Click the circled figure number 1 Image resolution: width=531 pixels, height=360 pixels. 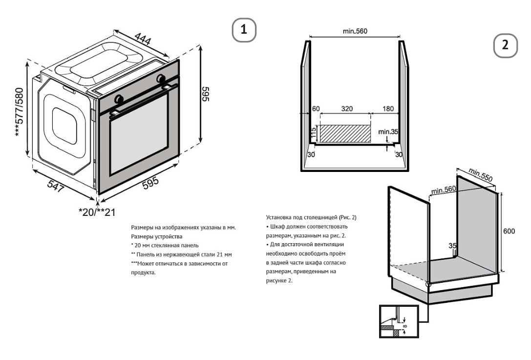coord(244,30)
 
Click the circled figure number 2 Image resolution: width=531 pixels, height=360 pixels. coord(506,45)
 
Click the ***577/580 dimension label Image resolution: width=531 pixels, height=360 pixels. coord(19,112)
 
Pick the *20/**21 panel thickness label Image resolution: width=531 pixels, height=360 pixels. coord(97,212)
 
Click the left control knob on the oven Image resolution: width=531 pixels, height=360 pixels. coord(119,99)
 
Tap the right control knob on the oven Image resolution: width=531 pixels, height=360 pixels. coord(161,78)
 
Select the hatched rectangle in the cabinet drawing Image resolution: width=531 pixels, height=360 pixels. coord(344,133)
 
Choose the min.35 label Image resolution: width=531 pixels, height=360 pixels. coord(388,131)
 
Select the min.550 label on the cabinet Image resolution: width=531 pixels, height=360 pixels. coord(480,175)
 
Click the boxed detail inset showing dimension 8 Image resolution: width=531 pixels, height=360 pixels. coord(399,321)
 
